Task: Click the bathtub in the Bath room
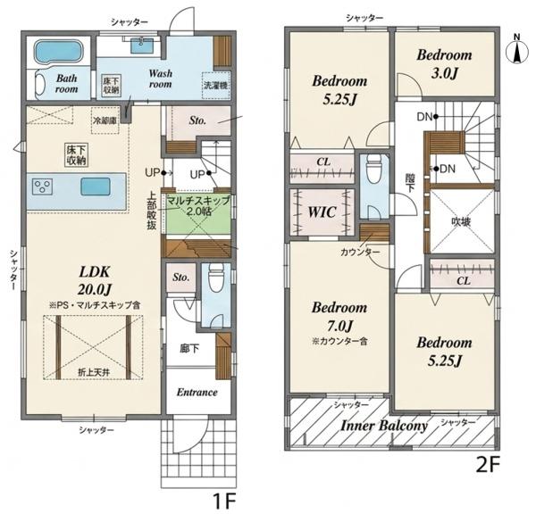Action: point(60,52)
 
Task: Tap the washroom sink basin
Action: point(142,46)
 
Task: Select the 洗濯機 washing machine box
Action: point(215,86)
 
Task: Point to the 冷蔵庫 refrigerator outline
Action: point(105,120)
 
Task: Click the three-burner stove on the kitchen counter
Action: point(42,187)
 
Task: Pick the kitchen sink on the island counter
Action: point(96,187)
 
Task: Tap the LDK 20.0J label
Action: point(95,281)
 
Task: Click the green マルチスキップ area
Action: point(198,214)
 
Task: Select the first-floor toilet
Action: point(215,278)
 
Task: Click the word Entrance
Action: point(197,392)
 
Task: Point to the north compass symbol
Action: point(517,49)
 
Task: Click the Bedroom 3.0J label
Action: point(444,64)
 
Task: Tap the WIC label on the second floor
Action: point(322,212)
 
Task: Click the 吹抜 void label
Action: point(461,222)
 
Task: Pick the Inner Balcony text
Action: point(384,426)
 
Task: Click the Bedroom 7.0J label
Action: point(339,317)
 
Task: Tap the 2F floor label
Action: point(488,465)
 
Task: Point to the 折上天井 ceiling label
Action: point(94,373)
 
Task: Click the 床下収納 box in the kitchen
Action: point(77,154)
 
